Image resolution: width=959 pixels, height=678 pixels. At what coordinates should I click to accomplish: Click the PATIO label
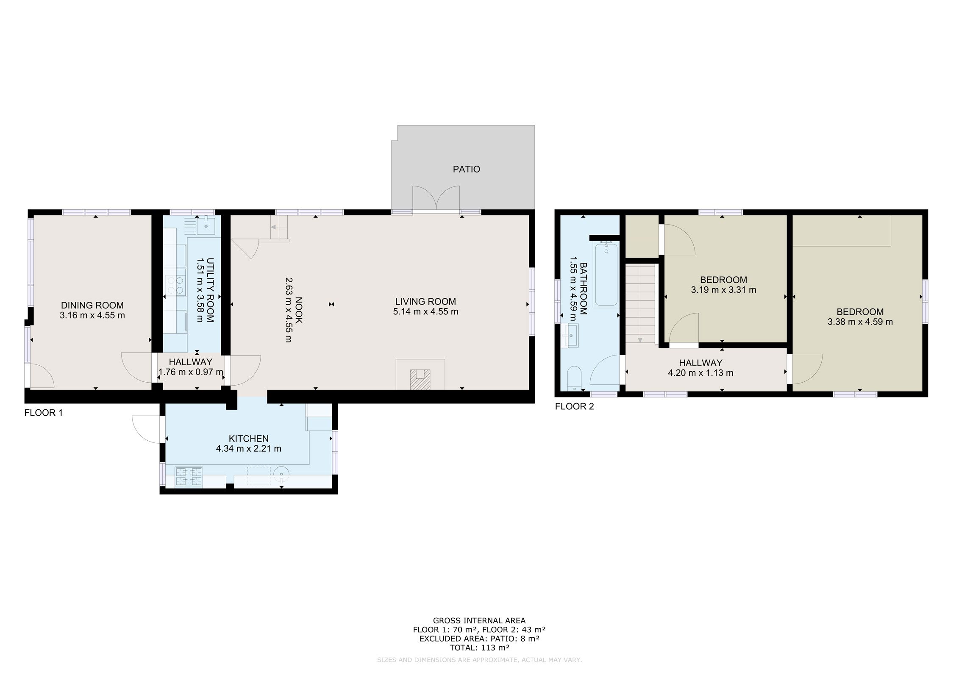tap(466, 169)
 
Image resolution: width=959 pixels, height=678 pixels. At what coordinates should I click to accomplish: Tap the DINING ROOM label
tap(92, 305)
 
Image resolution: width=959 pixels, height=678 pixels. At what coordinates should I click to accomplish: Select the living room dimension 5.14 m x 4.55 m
tap(425, 312)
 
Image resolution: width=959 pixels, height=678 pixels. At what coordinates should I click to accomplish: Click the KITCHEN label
tap(249, 439)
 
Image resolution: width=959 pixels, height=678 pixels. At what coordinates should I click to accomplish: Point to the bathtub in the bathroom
tap(606, 274)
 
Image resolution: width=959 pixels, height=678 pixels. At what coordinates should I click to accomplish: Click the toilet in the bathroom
tap(575, 378)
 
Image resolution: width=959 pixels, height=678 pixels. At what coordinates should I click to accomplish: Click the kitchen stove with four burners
tap(189, 476)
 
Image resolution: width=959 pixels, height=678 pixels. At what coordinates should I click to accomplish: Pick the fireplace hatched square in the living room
tap(420, 379)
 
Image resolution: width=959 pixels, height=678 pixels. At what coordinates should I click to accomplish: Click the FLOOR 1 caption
tap(44, 413)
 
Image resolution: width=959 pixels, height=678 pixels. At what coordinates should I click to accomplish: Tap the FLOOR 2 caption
tap(575, 407)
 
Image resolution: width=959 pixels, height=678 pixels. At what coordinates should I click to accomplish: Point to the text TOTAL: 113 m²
tap(479, 647)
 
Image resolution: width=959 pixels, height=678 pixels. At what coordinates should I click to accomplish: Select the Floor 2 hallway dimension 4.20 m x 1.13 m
tap(700, 373)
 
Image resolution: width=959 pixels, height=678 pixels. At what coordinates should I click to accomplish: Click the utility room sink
tap(207, 225)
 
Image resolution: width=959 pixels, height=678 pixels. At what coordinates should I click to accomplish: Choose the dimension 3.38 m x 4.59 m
tap(860, 322)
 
